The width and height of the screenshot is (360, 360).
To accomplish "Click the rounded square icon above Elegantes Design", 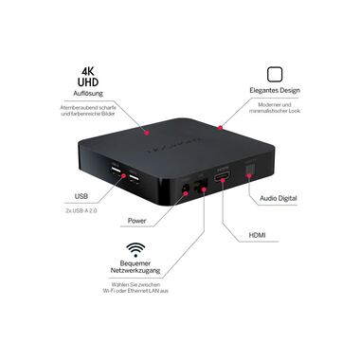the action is pyautogui.click(x=276, y=76).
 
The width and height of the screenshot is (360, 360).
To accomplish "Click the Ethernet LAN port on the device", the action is pyautogui.click(x=201, y=187).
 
